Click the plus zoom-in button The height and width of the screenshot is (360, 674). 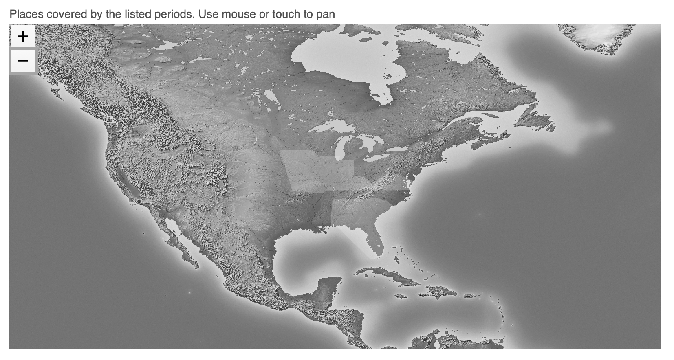point(23,37)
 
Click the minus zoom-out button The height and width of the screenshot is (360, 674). point(23,61)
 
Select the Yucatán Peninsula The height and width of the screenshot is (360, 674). point(328,287)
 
